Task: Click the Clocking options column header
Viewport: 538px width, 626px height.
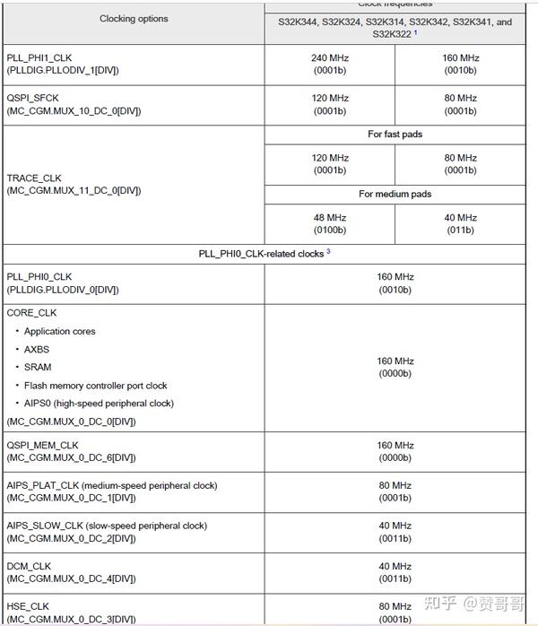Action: tap(134, 19)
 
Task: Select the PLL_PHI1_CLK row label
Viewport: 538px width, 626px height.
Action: tap(40, 57)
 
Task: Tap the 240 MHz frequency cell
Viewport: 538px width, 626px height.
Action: tap(330, 64)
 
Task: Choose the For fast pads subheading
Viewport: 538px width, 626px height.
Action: tap(395, 135)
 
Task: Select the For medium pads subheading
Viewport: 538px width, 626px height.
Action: tap(395, 195)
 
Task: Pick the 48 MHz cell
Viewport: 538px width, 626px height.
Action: tap(330, 224)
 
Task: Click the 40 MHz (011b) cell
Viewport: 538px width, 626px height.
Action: tap(460, 224)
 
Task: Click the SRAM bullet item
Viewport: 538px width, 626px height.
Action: tap(38, 367)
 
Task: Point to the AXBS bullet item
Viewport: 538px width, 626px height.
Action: tap(39, 349)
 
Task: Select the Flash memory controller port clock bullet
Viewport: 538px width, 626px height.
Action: tap(96, 385)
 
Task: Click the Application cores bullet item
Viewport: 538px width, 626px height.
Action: tap(60, 331)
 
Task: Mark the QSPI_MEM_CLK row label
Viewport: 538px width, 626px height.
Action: tap(42, 445)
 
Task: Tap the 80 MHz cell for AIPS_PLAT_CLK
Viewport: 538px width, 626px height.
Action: tap(395, 491)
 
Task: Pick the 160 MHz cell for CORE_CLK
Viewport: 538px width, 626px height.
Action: tap(395, 368)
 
